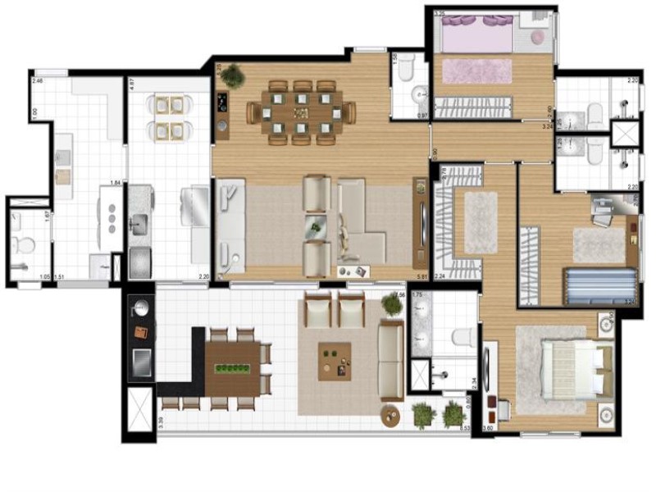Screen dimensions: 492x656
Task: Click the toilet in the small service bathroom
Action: coord(24,244)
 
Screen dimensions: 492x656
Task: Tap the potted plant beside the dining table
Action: coord(232,76)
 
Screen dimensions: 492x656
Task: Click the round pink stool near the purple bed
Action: coord(538,37)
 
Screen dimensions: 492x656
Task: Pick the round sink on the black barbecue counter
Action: coord(141,308)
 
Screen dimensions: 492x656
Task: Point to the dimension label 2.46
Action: coord(37,81)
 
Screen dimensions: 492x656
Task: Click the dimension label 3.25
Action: coord(440,14)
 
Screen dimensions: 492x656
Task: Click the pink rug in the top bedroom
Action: coord(476,71)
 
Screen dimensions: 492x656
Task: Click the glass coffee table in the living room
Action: coord(316,225)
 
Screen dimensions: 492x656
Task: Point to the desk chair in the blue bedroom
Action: coord(604,212)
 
